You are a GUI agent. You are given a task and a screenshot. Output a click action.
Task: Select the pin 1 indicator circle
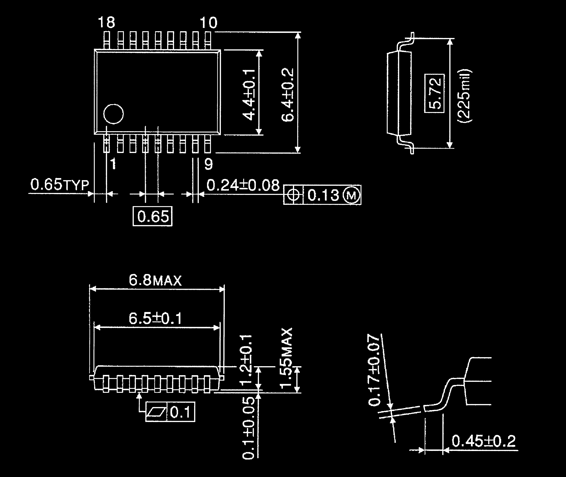[x=114, y=114]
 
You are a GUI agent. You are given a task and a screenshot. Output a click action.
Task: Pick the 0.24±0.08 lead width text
[x=243, y=185]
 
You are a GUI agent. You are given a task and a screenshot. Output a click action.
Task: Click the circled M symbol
[x=351, y=195]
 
